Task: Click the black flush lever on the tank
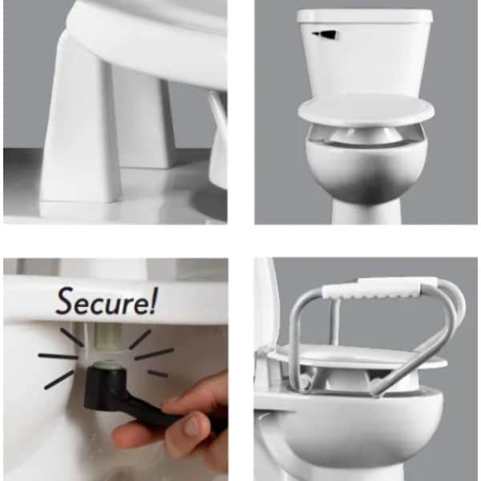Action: pyautogui.click(x=325, y=34)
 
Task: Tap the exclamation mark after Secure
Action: pyautogui.click(x=153, y=301)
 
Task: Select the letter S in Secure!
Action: pyautogui.click(x=67, y=301)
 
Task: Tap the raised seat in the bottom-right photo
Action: pyautogui.click(x=358, y=356)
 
